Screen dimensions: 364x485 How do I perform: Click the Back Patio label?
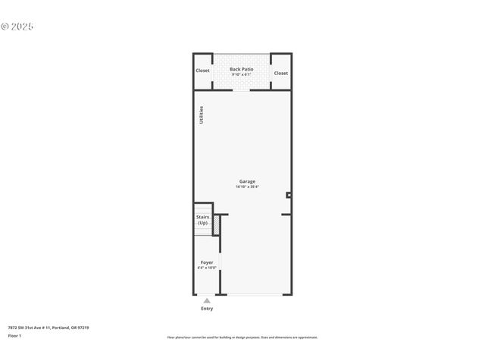[242, 69]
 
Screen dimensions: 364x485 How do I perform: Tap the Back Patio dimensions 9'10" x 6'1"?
[242, 74]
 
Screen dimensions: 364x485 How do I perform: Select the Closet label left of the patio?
[202, 71]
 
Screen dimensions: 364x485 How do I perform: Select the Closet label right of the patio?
[281, 73]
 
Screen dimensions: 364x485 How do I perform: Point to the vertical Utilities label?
[202, 115]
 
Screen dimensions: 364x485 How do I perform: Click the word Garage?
[247, 181]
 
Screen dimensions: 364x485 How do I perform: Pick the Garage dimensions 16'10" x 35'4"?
[247, 187]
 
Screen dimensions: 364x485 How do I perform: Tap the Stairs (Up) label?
[202, 220]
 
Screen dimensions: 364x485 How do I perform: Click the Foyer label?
[207, 262]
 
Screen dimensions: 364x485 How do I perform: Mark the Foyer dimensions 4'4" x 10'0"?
[207, 268]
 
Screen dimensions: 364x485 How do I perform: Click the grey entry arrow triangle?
[207, 301]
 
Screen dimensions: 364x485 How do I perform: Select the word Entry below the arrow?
[207, 309]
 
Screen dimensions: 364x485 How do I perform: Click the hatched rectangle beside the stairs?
[216, 225]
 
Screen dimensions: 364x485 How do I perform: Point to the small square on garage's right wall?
[289, 195]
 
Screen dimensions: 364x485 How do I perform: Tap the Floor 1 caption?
[15, 335]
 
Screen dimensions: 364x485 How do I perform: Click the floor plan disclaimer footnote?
[242, 337]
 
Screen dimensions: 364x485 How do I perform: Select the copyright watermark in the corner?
[17, 27]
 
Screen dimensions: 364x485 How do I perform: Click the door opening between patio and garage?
[242, 89]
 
